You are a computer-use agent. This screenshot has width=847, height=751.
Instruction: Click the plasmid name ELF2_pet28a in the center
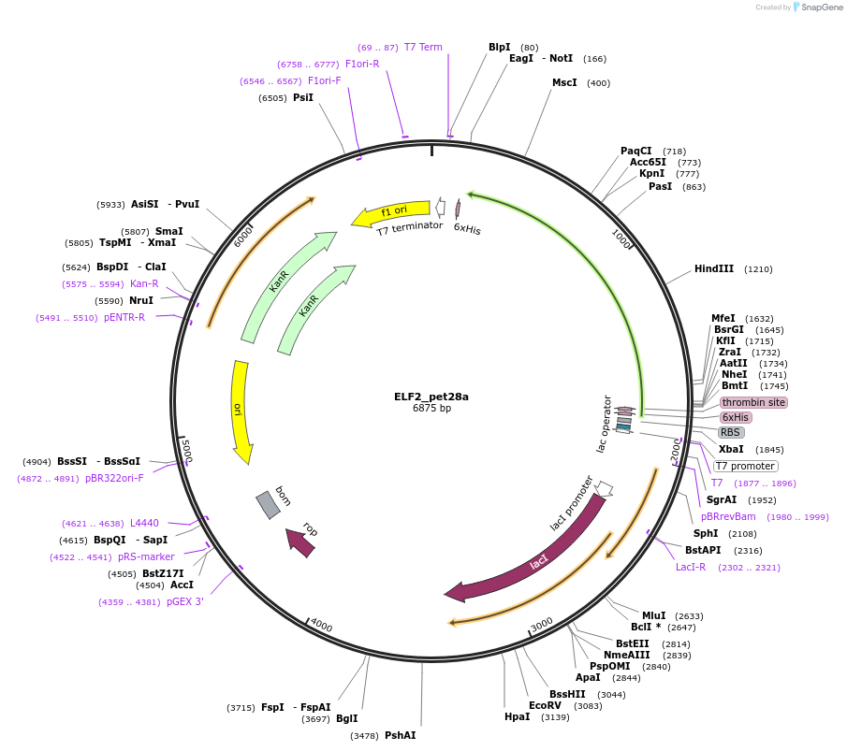click(431, 396)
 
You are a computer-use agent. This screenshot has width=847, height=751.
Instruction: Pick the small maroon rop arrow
click(300, 542)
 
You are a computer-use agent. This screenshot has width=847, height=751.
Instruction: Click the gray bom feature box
click(268, 505)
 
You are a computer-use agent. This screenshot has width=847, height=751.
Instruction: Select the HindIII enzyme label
click(714, 269)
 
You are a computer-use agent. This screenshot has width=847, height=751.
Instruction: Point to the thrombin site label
click(753, 402)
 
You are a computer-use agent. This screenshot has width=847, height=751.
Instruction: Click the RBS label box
click(731, 432)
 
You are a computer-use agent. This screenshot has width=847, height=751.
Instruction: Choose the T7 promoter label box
click(745, 466)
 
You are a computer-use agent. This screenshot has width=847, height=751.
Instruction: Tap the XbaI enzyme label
click(731, 449)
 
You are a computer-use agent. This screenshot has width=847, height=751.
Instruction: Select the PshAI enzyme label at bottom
click(400, 735)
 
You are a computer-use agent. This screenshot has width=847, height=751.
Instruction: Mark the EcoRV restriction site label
click(545, 705)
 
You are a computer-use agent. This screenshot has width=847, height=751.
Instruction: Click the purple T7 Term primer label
click(423, 47)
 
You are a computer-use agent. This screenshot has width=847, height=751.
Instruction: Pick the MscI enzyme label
click(564, 82)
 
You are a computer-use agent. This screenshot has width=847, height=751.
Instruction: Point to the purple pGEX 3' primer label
click(185, 601)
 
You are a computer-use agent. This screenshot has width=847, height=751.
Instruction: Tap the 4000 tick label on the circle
click(321, 625)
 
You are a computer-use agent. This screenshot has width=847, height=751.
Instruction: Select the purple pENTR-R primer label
click(124, 317)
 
